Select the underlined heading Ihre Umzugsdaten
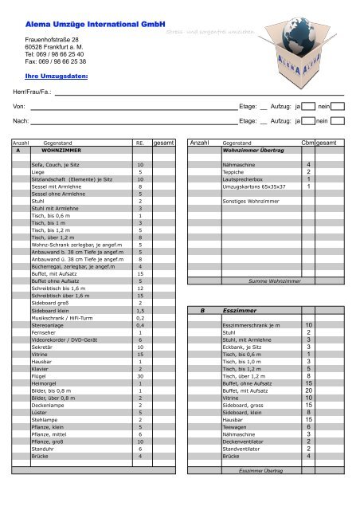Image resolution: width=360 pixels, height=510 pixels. (57, 77)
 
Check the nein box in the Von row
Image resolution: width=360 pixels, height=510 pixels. (337, 105)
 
